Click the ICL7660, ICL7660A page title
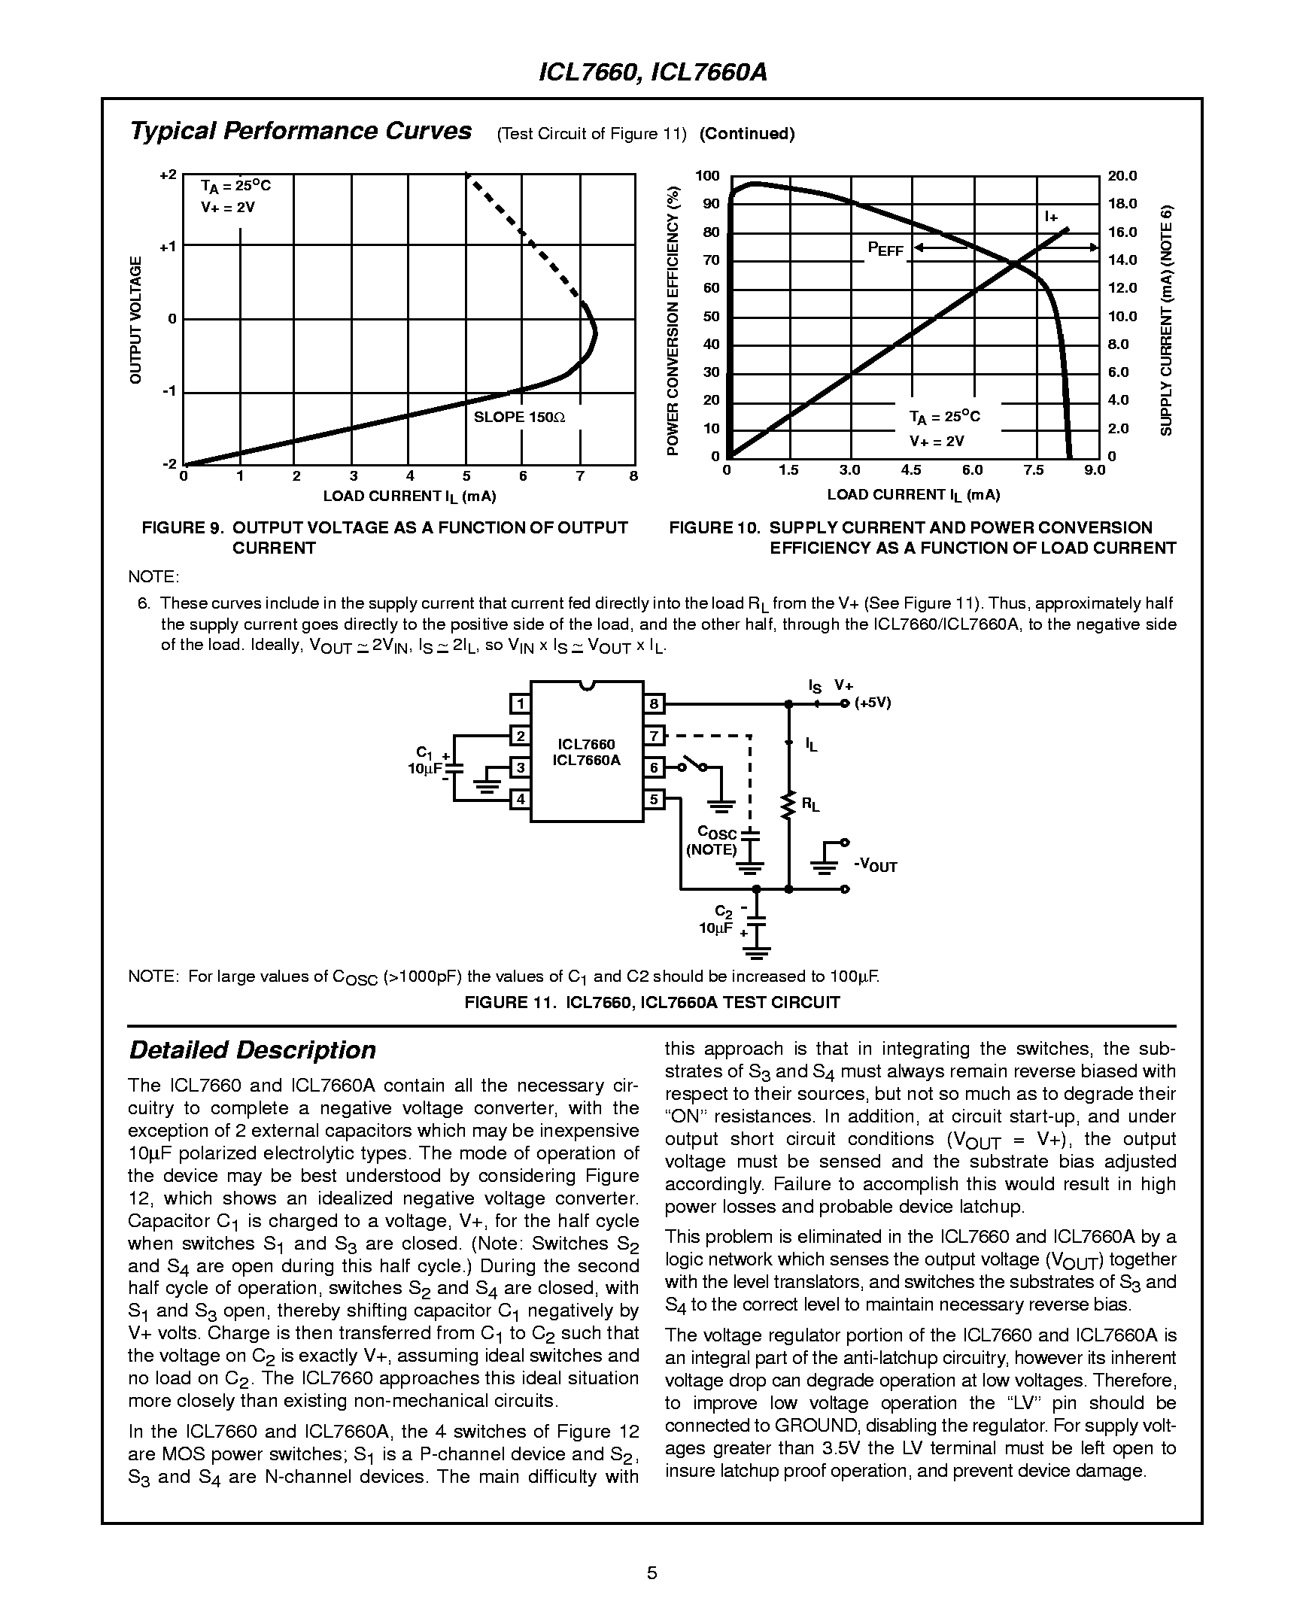coord(652,73)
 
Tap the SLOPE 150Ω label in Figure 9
coord(519,417)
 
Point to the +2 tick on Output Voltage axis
coord(167,175)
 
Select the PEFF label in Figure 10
coord(885,249)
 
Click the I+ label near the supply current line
coord(1051,217)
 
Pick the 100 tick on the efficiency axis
coord(707,176)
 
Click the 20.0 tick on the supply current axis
coord(1122,176)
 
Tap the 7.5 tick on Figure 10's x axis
coord(1034,470)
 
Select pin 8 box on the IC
coord(654,704)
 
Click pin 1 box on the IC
coord(520,704)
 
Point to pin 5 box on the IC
coord(654,799)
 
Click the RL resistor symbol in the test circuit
coord(788,805)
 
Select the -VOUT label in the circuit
coord(876,865)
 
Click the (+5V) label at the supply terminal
coord(873,703)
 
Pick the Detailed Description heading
coord(252,1050)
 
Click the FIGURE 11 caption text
coord(652,1002)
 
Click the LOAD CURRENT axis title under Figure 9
coord(409,497)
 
